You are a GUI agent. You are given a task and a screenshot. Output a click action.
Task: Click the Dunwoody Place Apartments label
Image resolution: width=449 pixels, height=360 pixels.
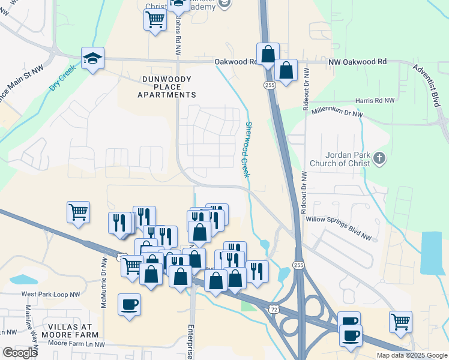166,87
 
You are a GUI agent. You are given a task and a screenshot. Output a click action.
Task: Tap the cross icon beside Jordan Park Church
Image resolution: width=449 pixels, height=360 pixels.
378,158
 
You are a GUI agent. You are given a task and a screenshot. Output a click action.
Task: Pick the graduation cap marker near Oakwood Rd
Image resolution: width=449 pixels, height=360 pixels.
92,58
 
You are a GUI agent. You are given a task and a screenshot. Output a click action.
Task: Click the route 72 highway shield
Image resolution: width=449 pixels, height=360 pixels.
273,308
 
